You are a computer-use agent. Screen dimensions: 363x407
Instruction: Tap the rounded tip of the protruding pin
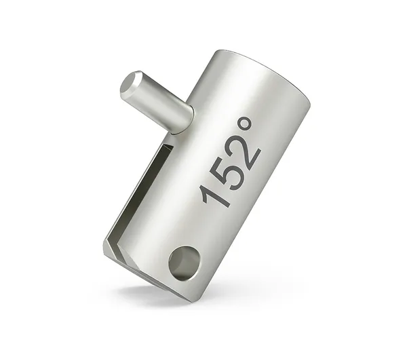130,85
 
